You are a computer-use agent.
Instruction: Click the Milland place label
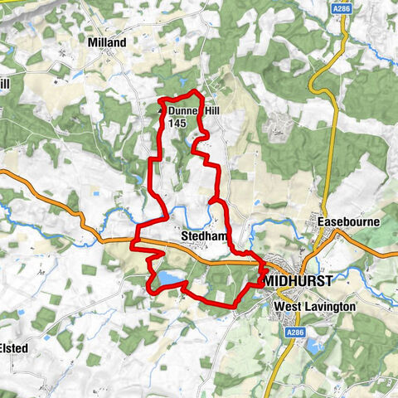pos(107,42)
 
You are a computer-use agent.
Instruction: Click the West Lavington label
pos(314,306)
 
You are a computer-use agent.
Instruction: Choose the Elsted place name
pos(15,348)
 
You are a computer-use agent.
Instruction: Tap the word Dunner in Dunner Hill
pos(183,110)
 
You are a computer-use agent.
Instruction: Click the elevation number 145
pos(175,122)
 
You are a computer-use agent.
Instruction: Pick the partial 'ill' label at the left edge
pos(4,84)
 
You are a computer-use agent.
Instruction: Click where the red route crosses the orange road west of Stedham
pos(134,242)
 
